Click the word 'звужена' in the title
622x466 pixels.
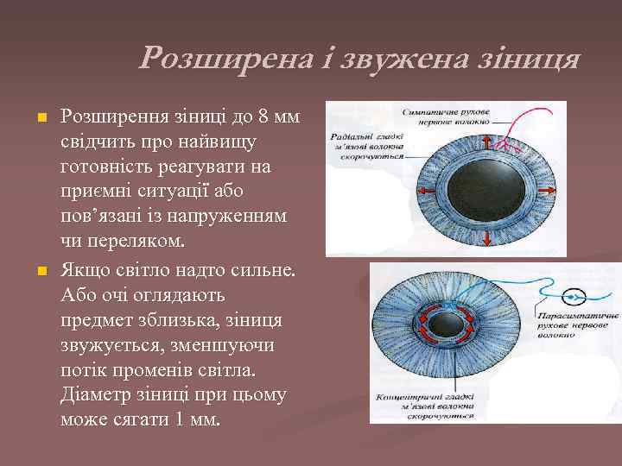pos(407,60)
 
